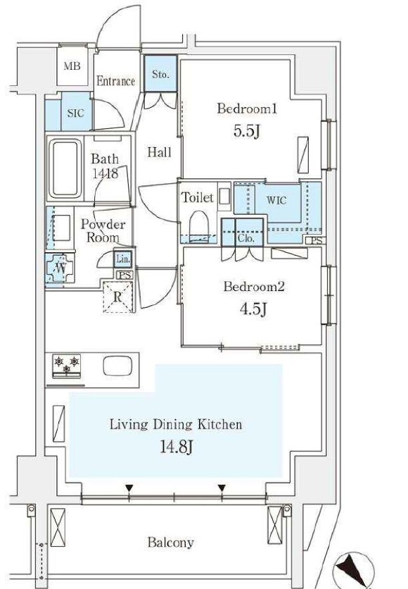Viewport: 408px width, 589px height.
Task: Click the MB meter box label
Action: pos(72,66)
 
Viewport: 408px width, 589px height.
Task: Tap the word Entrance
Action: pos(115,81)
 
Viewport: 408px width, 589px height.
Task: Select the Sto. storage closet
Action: pos(160,73)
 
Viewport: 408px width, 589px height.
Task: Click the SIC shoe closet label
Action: pos(75,113)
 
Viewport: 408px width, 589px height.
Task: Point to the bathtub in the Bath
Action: pos(65,168)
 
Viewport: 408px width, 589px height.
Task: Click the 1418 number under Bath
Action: pos(105,173)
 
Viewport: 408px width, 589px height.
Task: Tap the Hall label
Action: pos(160,152)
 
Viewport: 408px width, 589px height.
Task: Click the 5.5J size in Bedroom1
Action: pos(247,132)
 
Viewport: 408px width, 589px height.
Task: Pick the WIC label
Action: pos(276,200)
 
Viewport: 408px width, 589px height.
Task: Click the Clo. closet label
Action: pos(246,239)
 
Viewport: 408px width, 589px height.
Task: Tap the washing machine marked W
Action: pos(60,268)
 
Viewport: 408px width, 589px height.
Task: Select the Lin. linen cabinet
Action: pos(123,259)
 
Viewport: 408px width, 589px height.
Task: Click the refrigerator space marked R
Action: pos(118,297)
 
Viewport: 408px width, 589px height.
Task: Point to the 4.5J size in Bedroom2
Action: pos(253,309)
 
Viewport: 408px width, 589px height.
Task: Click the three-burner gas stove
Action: pos(67,366)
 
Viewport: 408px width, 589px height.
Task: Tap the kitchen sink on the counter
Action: pos(117,366)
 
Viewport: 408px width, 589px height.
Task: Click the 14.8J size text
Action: pos(177,447)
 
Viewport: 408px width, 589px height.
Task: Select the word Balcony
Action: pos(171,542)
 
